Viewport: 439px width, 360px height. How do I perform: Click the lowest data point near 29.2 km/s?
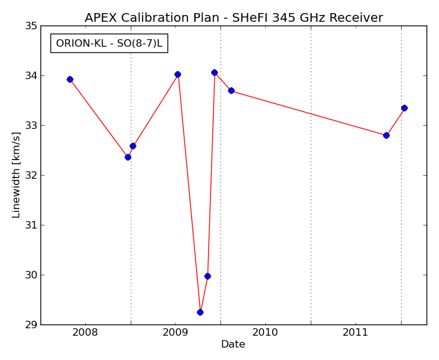pos(200,312)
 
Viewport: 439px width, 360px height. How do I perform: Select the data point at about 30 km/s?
pos(207,277)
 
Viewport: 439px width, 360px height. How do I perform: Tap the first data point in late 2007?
pos(70,80)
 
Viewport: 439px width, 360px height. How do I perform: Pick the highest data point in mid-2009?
pos(214,73)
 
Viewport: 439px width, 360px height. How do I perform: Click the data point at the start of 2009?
pos(177,75)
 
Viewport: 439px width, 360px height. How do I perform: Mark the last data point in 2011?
pos(404,108)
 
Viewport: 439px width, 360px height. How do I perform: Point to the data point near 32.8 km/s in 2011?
pos(386,136)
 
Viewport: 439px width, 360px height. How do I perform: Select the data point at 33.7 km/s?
pos(231,91)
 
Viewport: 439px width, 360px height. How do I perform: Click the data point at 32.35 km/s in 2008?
pos(128,158)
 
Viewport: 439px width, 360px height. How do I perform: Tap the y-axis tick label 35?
pos(31,26)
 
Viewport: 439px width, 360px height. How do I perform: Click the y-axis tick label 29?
pos(31,325)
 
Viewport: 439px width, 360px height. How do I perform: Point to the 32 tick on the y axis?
pos(31,176)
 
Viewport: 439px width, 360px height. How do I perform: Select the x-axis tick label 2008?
pos(85,333)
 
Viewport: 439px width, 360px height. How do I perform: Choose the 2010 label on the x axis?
pos(265,333)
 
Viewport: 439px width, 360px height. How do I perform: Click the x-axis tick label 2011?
pos(356,333)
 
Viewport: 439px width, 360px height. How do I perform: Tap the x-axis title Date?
pos(233,344)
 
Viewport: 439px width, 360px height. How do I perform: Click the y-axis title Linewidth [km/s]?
pos(16,175)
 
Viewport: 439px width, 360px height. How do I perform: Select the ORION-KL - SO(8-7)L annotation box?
pos(109,44)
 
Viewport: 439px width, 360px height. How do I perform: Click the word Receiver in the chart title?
pos(356,17)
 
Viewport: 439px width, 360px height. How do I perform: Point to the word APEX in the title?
pos(101,17)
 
